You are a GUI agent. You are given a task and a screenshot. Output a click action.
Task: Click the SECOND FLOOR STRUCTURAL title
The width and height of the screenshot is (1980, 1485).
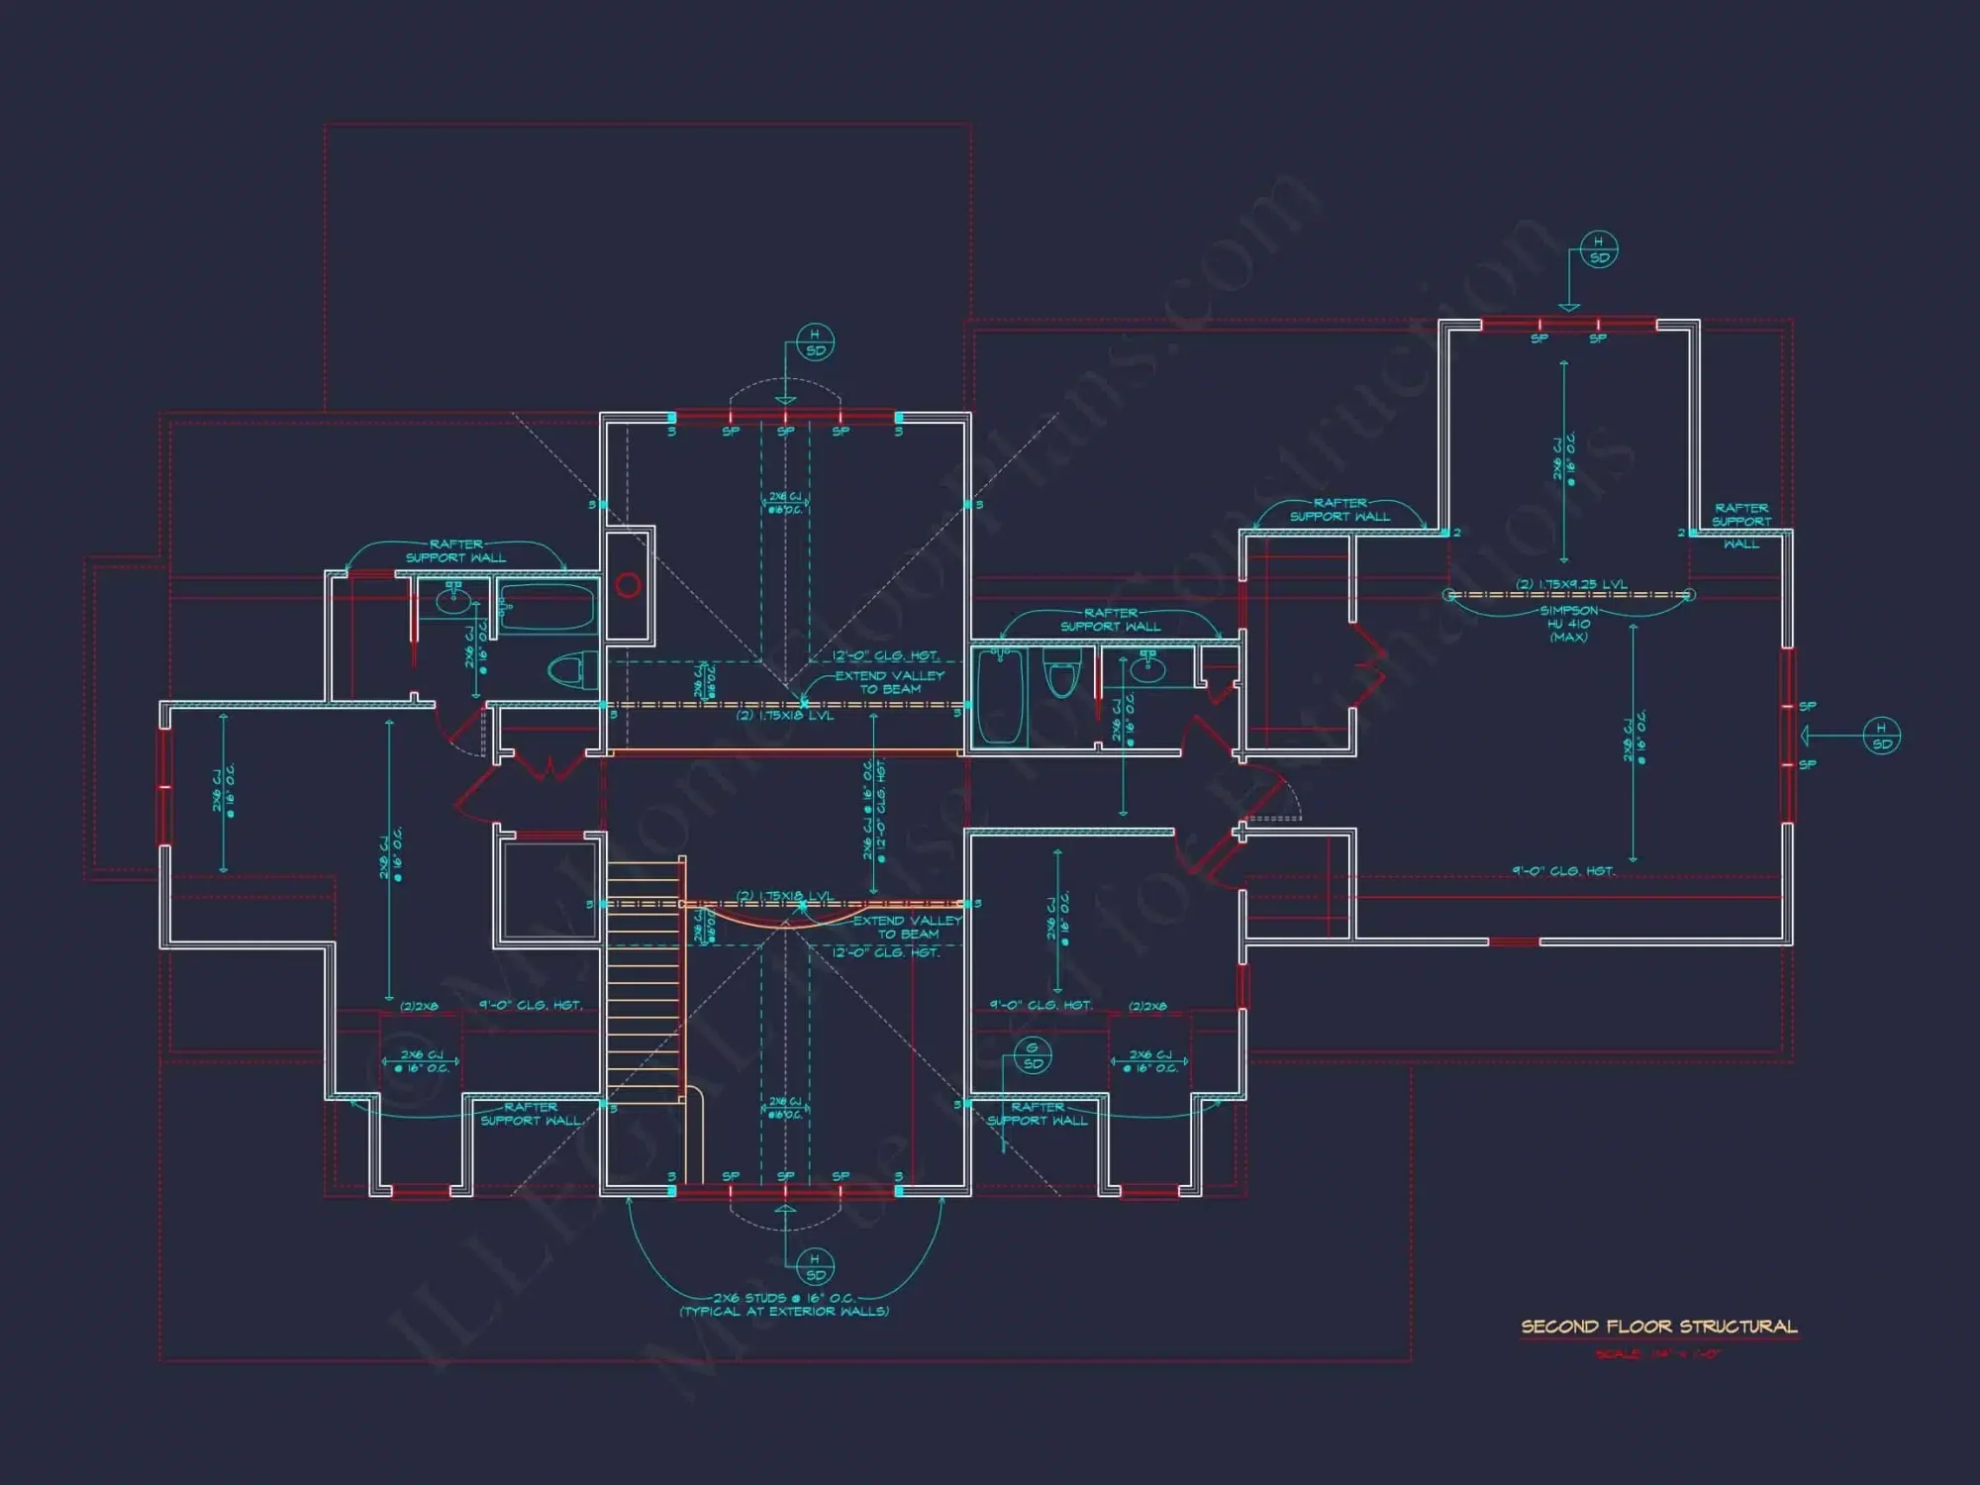(x=1658, y=1327)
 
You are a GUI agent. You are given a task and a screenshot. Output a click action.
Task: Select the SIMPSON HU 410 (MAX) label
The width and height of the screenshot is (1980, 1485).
(x=1569, y=624)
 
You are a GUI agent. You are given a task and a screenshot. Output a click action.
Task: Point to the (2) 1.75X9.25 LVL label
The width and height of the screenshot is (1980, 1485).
(x=1571, y=584)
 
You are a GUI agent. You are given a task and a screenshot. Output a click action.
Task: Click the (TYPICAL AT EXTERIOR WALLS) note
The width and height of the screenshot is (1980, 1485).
(x=784, y=1312)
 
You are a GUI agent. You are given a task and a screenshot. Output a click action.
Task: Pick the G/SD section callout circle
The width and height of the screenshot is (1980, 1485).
(x=1033, y=1056)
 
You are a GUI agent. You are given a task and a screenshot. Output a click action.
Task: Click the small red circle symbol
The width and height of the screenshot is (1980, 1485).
(x=628, y=586)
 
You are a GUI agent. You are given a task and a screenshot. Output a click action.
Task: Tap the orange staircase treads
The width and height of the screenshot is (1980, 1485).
(x=643, y=980)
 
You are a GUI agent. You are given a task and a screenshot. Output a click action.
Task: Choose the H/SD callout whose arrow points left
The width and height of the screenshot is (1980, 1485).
(x=1881, y=737)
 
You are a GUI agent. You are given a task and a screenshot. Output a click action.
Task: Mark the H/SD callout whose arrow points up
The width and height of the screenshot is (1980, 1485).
(x=815, y=1267)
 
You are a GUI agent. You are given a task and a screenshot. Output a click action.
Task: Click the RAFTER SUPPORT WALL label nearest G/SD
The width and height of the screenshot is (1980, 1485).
(x=1038, y=1114)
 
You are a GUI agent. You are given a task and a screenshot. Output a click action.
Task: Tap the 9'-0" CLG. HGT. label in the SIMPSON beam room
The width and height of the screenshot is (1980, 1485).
(x=1563, y=871)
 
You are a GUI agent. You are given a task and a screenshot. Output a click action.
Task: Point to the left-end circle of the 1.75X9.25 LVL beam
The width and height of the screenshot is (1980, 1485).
(x=1450, y=595)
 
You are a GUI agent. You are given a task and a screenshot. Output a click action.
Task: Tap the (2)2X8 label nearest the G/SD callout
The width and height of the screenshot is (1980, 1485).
(x=1147, y=1006)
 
